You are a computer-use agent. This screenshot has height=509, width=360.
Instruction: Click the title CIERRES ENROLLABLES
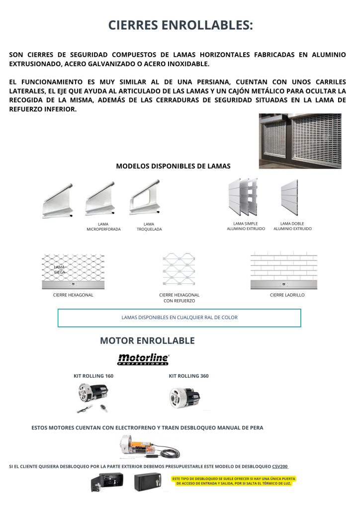tap(180, 25)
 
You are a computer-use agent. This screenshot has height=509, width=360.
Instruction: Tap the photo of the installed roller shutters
tap(300, 141)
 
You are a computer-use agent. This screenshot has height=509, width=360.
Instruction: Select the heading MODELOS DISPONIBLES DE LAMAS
tap(173, 166)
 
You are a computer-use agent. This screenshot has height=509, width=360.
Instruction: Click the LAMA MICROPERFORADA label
tap(103, 227)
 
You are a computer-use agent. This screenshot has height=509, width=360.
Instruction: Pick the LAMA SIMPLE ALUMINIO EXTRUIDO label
tap(246, 226)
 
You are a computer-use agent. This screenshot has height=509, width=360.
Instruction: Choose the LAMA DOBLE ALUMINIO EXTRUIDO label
tap(292, 226)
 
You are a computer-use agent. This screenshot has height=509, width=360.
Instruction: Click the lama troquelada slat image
tap(145, 198)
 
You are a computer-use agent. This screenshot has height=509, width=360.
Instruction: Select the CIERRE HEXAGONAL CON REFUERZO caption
tap(179, 298)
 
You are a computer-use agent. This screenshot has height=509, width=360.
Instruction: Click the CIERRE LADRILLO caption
tap(287, 295)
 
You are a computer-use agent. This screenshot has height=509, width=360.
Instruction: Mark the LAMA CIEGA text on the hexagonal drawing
tap(60, 269)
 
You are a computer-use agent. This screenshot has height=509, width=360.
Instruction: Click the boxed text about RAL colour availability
tap(180, 318)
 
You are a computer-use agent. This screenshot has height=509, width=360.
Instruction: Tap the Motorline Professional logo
tap(143, 359)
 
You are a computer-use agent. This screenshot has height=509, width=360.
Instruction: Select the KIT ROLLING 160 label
tap(93, 376)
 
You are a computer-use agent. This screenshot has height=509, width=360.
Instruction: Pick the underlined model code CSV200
tap(280, 467)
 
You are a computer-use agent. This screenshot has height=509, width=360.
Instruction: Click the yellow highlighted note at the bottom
tap(233, 481)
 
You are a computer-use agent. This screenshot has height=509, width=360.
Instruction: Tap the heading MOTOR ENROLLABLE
tap(147, 341)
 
